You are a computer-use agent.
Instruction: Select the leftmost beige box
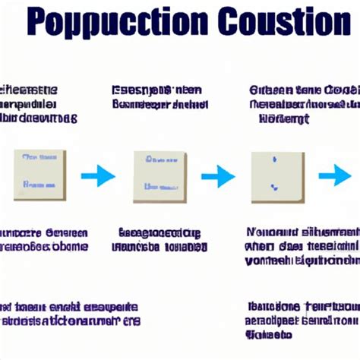click(x=39, y=175)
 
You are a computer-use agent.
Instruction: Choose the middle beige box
click(x=159, y=176)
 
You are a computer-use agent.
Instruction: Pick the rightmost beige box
click(x=277, y=176)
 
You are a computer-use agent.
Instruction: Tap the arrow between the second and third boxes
click(x=218, y=176)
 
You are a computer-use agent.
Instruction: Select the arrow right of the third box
click(x=334, y=176)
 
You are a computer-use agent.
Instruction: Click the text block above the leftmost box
click(x=38, y=103)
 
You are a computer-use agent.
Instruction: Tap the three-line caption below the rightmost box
click(x=302, y=246)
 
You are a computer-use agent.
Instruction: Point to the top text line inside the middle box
click(x=160, y=160)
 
